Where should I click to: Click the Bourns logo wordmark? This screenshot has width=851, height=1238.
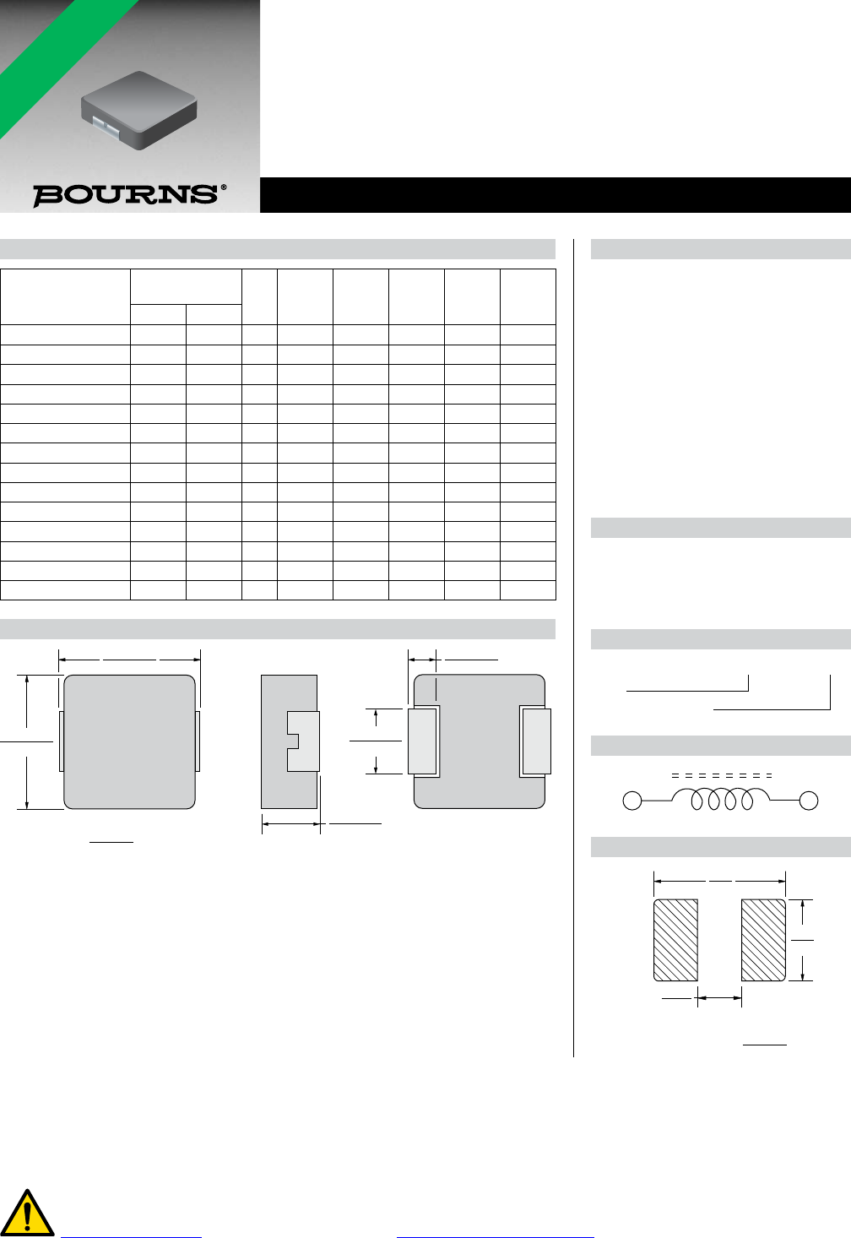click(x=126, y=195)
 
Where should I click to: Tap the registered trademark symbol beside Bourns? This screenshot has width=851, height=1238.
click(x=224, y=187)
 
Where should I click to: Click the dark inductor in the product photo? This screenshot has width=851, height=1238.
click(x=138, y=110)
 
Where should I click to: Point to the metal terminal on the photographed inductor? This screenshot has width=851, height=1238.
click(x=105, y=126)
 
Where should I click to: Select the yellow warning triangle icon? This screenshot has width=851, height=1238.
click(x=27, y=1212)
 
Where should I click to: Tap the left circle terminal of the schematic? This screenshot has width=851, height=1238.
click(x=632, y=801)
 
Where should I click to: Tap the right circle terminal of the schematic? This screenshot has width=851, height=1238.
click(x=809, y=801)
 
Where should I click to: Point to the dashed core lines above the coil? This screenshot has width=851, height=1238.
click(x=721, y=776)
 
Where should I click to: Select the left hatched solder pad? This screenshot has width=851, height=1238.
click(x=675, y=940)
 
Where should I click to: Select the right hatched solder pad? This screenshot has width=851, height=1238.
click(x=763, y=940)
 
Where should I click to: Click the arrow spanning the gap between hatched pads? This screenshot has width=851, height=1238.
click(x=719, y=997)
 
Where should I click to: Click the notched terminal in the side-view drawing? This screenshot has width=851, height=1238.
click(x=303, y=741)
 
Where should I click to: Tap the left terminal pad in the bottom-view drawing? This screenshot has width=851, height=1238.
click(x=422, y=741)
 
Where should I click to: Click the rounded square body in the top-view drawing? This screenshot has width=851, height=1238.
click(x=129, y=741)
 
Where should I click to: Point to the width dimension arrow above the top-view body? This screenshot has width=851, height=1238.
click(x=129, y=660)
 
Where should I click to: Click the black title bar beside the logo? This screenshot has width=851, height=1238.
click(x=556, y=195)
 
